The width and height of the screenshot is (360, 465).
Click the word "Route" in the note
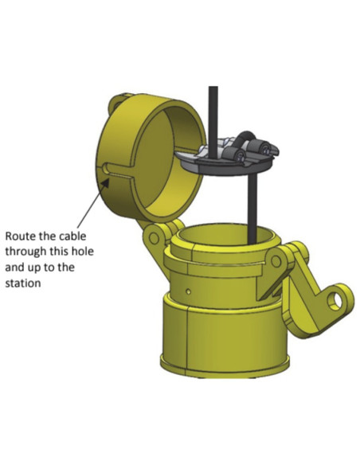pos(22,236)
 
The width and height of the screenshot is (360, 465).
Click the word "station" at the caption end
pos(24,282)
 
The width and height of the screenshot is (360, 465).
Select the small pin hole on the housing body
pos(188,292)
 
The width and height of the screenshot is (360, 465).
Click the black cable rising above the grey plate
pos(212,111)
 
